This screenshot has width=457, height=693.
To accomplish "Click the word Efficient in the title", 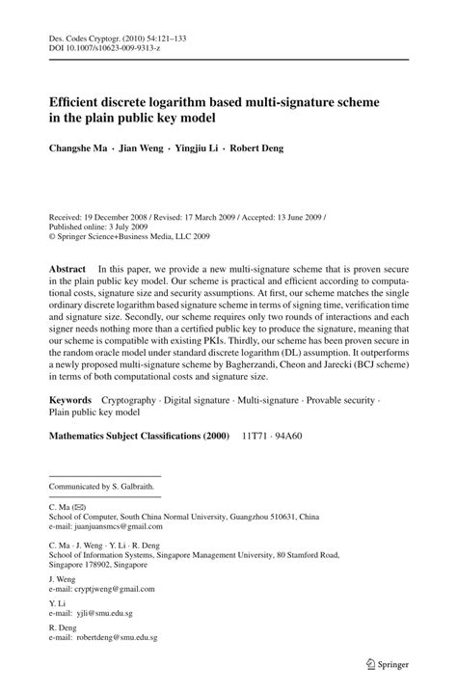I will (x=80, y=100).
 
